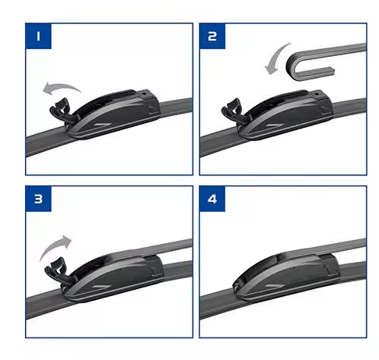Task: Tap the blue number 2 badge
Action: (x=212, y=37)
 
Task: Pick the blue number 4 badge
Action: (x=212, y=199)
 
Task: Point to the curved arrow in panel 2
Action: (x=275, y=59)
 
